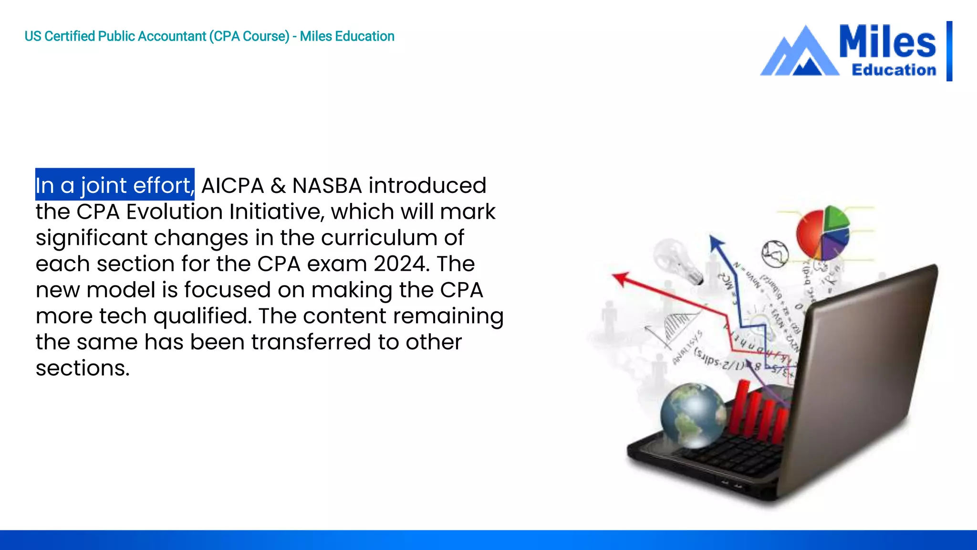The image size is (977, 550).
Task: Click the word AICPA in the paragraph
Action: [232, 185]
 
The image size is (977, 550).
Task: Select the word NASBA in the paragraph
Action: [327, 185]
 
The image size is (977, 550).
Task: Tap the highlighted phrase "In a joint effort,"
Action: [114, 185]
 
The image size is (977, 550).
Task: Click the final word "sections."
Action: [83, 368]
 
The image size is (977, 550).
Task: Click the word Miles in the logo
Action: [887, 42]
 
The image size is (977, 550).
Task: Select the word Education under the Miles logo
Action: [894, 70]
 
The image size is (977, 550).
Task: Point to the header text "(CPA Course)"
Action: [249, 36]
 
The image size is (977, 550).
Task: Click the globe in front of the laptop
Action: [693, 415]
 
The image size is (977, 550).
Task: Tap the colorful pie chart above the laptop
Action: [823, 233]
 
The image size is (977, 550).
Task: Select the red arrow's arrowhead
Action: [620, 278]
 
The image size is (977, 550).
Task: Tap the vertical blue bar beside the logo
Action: [949, 51]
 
